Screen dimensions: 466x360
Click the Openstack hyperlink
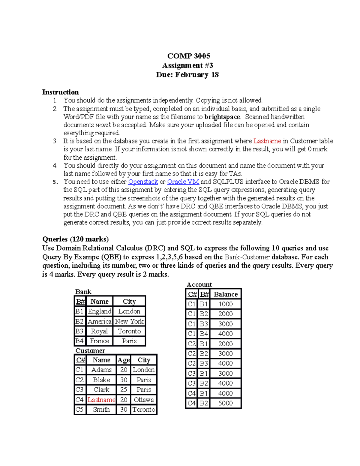[143, 182]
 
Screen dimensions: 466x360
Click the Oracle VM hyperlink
[183, 182]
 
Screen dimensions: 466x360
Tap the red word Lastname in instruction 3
[267, 141]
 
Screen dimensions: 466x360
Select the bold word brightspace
[222, 117]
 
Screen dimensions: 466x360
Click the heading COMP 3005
[189, 56]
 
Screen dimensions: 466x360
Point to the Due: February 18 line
[187, 75]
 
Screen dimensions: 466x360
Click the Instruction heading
[60, 92]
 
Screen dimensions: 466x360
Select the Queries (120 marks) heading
[75, 239]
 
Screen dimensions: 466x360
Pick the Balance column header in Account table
[226, 294]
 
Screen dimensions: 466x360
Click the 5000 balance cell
[226, 403]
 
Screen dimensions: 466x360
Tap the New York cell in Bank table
[129, 321]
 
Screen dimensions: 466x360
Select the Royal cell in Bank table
[99, 331]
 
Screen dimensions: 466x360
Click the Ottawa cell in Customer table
[144, 400]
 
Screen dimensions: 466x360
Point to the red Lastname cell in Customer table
[101, 400]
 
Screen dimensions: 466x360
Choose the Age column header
[124, 360]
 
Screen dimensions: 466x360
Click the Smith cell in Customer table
[101, 410]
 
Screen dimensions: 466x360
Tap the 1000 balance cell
[226, 304]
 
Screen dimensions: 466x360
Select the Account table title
[199, 284]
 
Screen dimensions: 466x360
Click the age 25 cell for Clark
[124, 389]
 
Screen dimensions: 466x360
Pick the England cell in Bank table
[99, 311]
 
